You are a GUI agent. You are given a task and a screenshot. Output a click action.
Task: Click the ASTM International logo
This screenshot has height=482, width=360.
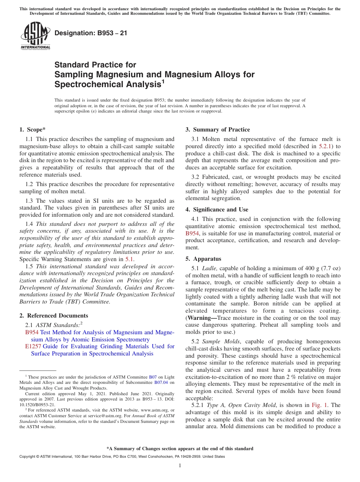click(35, 36)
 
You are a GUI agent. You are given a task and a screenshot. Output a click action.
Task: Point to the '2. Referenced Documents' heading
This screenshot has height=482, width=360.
click(54, 316)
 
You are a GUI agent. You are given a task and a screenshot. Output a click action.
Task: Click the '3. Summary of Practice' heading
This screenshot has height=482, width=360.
click(218, 130)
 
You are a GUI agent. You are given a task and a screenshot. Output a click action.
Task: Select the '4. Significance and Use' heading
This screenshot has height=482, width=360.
click(217, 210)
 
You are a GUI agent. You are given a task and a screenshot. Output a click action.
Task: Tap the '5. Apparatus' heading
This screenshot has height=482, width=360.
click(203, 259)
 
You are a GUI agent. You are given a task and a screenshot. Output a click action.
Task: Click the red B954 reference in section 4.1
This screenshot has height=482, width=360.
click(192, 233)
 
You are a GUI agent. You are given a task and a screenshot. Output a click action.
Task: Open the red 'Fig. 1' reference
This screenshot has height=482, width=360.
click(318, 405)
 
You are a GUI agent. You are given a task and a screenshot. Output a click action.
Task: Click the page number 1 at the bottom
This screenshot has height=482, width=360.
click(180, 466)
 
